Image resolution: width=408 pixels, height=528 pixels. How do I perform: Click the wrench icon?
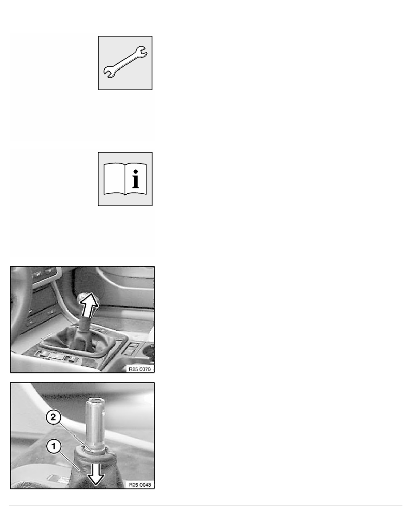pyautogui.click(x=125, y=63)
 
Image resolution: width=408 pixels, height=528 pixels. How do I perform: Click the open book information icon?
pyautogui.click(x=125, y=179)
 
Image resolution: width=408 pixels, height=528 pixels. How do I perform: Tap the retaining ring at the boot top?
pyautogui.click(x=94, y=449)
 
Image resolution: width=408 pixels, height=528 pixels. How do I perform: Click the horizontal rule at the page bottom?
pyautogui.click(x=204, y=505)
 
